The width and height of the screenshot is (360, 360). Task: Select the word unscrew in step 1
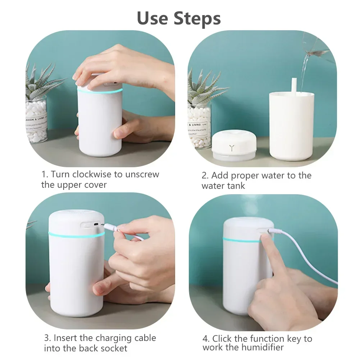(x=142, y=174)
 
